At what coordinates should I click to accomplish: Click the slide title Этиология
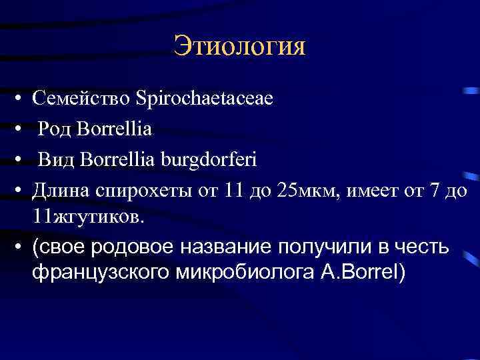pyautogui.click(x=239, y=47)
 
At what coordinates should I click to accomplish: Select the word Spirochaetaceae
pyautogui.click(x=204, y=99)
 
